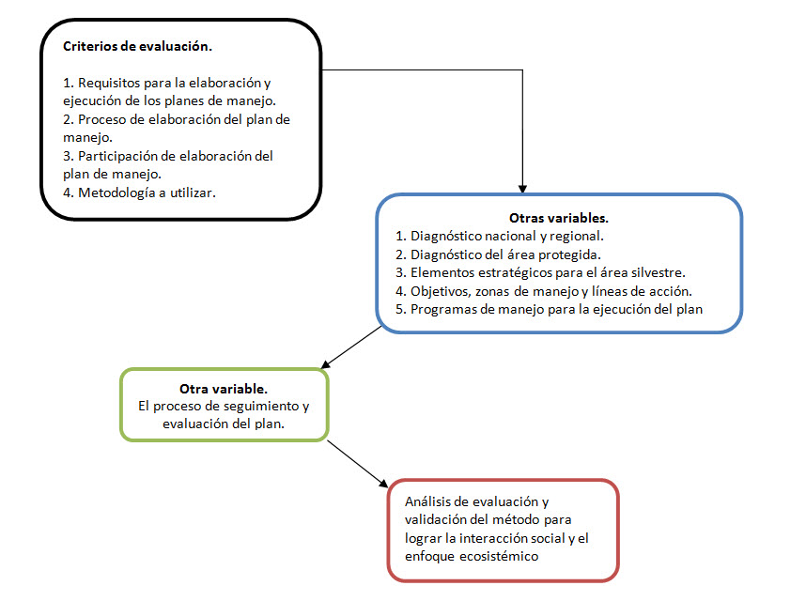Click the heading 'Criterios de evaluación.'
click(x=137, y=46)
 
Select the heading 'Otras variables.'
click(x=559, y=218)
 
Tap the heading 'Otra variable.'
click(x=223, y=389)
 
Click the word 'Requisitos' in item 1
click(x=108, y=84)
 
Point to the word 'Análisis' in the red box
click(x=427, y=501)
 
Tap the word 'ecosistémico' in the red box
click(x=499, y=556)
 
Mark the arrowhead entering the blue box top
click(x=522, y=190)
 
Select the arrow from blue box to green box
click(x=351, y=347)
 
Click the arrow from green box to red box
click(x=357, y=464)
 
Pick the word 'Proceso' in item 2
click(x=101, y=119)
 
